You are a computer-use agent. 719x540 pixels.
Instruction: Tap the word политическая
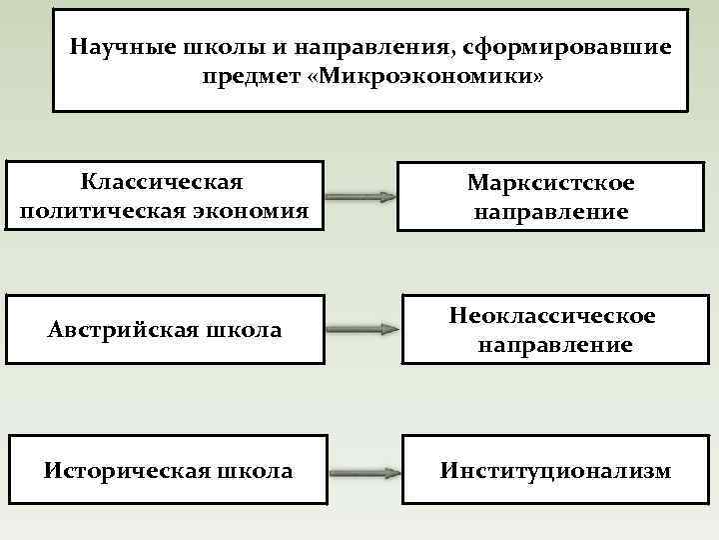(98, 211)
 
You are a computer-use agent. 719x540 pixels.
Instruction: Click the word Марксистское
(550, 183)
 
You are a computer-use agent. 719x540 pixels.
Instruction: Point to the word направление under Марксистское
(550, 212)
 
